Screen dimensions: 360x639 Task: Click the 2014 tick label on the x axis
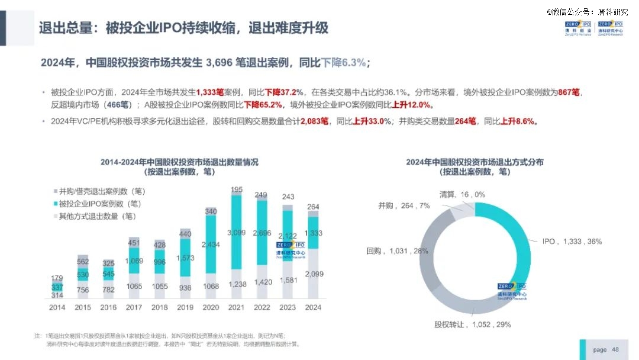click(x=57, y=308)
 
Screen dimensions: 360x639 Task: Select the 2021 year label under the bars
click(x=237, y=308)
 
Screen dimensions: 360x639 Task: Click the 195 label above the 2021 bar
click(x=237, y=189)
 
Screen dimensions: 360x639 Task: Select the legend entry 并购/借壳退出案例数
click(x=102, y=191)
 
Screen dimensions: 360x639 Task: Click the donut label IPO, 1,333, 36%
click(x=572, y=242)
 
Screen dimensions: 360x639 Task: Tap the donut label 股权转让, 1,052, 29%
click(x=472, y=324)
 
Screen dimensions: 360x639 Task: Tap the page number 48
click(x=615, y=349)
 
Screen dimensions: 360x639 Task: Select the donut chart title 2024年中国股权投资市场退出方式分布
click(x=475, y=162)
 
